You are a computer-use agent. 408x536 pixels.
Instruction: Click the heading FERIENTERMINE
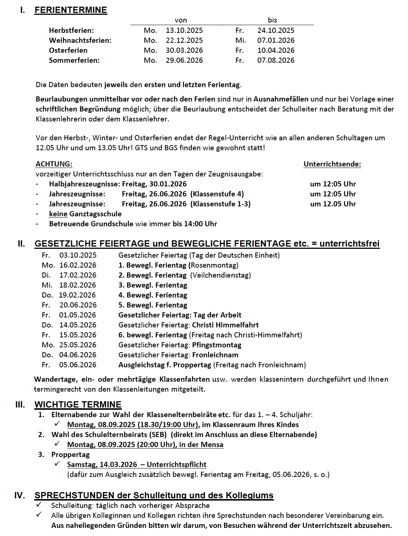[x=70, y=10]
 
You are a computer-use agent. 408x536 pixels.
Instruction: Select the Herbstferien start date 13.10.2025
[x=184, y=30]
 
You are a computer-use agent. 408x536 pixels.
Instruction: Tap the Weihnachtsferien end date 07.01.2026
[x=276, y=40]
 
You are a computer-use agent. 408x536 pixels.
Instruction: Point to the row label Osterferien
[x=68, y=50]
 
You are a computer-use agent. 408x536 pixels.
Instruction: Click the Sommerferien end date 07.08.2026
[x=276, y=60]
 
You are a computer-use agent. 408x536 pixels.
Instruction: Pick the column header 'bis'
[x=272, y=20]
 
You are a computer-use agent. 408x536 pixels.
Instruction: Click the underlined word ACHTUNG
[x=54, y=164]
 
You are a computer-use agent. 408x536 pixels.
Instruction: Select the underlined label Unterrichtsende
[x=332, y=164]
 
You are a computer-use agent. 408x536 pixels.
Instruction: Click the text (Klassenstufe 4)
[x=217, y=194]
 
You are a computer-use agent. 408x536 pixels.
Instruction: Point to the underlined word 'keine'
[x=58, y=214]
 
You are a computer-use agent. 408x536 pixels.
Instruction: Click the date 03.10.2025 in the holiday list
[x=78, y=255]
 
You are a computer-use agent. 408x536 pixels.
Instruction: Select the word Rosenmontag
[x=213, y=265]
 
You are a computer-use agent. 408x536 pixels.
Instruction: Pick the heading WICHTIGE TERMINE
[x=78, y=405]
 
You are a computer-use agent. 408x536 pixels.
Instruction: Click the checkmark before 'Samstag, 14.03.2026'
[x=57, y=464]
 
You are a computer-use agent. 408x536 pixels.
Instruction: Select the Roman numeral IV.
[x=20, y=495]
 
